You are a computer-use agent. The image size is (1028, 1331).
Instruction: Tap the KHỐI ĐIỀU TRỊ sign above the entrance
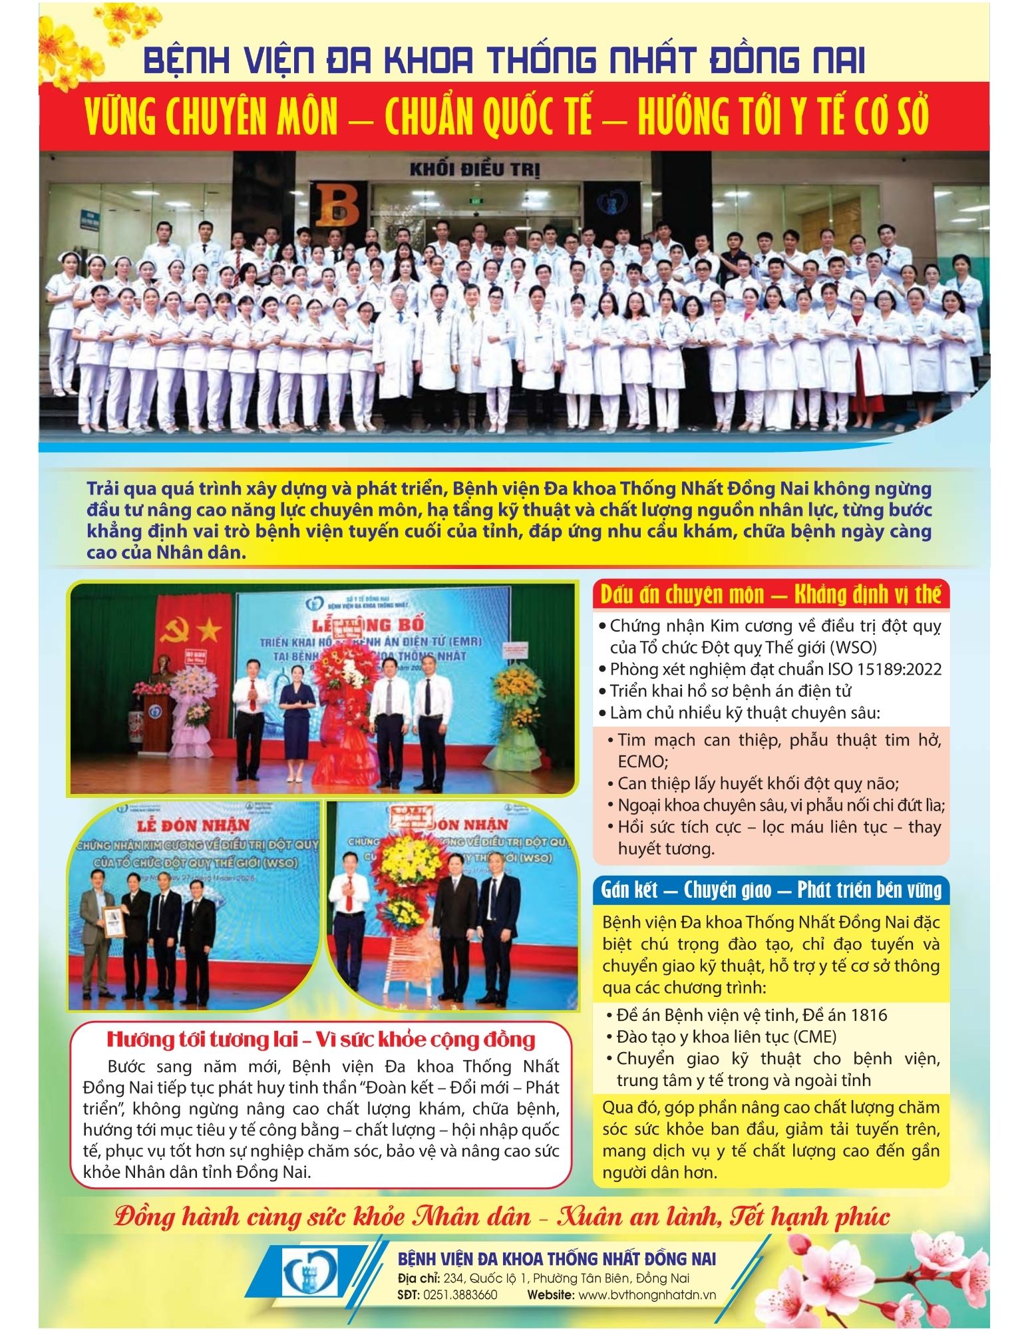474,169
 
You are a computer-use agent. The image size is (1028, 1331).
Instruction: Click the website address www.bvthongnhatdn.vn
647,1294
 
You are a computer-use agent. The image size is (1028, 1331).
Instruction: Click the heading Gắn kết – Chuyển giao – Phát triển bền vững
771,890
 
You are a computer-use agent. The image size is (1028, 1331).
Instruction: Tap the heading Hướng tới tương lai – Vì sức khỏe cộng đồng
321,1039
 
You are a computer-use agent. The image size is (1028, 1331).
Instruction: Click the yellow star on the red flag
209,626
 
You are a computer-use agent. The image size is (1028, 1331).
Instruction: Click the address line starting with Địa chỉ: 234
543,1278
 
